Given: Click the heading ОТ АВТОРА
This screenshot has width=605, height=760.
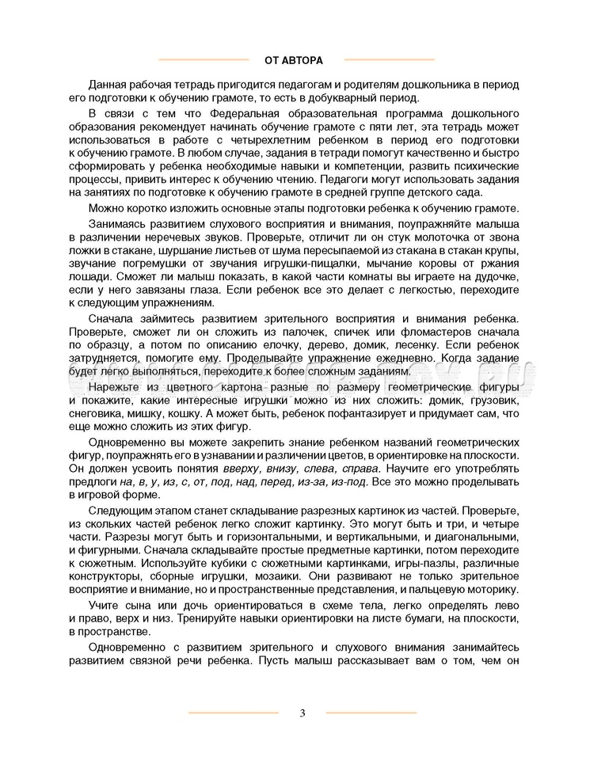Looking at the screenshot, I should [297, 59].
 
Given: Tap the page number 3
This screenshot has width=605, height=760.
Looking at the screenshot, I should [302, 712].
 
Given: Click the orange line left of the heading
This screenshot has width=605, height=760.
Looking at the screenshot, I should [204, 59].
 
